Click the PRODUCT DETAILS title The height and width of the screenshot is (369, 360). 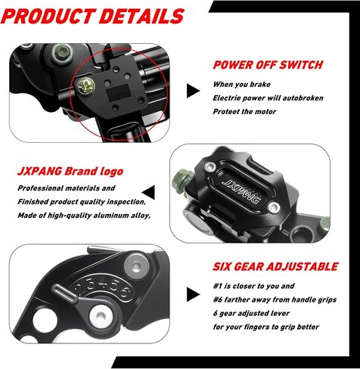pos(92,16)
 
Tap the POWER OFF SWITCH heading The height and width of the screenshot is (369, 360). pos(268,65)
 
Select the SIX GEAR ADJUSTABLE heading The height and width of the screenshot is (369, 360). pos(275,267)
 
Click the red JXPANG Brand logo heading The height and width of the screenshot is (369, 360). pos(70,172)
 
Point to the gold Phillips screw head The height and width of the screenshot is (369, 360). pos(86,86)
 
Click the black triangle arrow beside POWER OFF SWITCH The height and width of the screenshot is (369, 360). pos(193,91)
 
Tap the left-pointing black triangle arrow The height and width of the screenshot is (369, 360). pos(148,192)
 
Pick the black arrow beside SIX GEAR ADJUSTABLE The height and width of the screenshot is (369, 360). pos(193,294)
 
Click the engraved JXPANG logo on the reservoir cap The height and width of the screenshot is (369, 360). pos(241,191)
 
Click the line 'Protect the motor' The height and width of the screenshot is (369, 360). pos(244,111)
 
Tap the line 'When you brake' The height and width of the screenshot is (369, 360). pos(241,84)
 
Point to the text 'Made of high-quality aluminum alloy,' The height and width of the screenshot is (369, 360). pos(84,216)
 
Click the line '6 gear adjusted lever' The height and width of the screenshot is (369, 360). pos(251,313)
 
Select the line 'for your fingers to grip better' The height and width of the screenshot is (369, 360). pos(266,327)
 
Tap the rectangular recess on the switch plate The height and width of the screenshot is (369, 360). pos(118,92)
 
